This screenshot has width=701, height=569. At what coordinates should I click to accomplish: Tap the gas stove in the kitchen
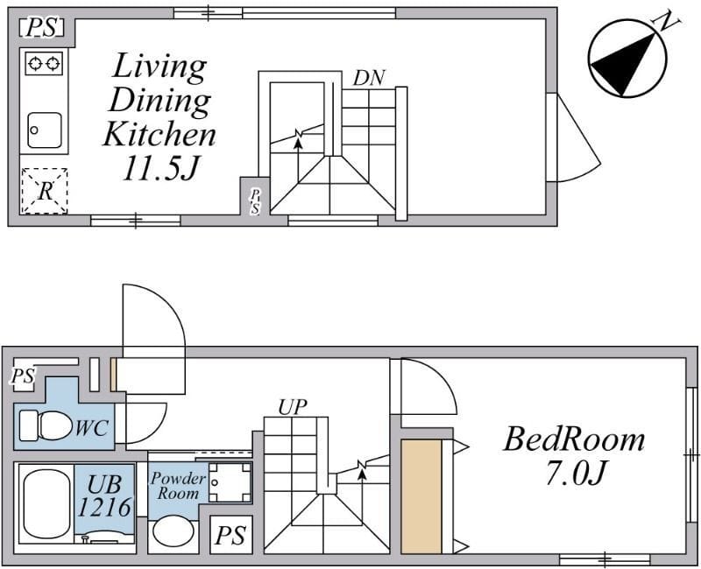pyautogui.click(x=44, y=63)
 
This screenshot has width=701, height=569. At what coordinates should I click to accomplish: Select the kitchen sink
pyautogui.click(x=44, y=130)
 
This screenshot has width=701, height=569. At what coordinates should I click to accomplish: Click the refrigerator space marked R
pyautogui.click(x=44, y=190)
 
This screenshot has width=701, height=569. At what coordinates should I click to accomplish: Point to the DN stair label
pyautogui.click(x=369, y=77)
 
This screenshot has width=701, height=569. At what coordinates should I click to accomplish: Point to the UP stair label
pyautogui.click(x=293, y=406)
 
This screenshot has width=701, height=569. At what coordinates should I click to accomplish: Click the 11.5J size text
pyautogui.click(x=159, y=168)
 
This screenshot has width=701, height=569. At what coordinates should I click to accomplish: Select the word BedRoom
pyautogui.click(x=574, y=439)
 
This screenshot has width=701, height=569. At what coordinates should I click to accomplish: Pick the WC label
pyautogui.click(x=92, y=429)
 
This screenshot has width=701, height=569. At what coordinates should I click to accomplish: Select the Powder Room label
pyautogui.click(x=178, y=486)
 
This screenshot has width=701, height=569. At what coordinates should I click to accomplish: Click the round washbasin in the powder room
pyautogui.click(x=173, y=531)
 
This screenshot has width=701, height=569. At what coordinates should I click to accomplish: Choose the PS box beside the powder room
pyautogui.click(x=231, y=534)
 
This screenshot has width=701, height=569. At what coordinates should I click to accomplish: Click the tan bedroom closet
pyautogui.click(x=421, y=496)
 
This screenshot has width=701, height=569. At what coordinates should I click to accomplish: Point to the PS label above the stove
pyautogui.click(x=41, y=28)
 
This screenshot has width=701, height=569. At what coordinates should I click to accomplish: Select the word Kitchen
pyautogui.click(x=159, y=134)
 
